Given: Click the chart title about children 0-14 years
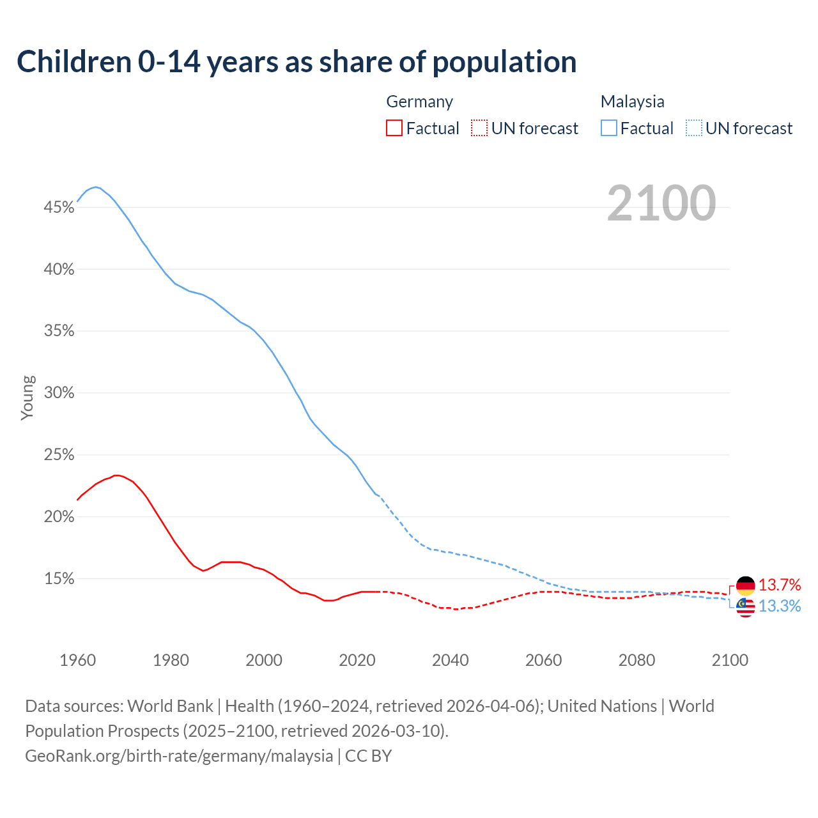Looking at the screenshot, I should pos(297,62).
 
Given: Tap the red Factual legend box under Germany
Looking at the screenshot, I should pos(394,128).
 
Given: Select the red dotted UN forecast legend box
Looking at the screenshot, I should pos(479,128).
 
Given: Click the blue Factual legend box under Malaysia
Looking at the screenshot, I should pos(609,128).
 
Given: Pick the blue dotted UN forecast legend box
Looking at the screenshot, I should pos(694,128).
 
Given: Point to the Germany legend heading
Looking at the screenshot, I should pos(419,102).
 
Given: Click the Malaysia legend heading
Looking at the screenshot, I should pos(632,102).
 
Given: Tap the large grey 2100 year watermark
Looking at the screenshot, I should pos(661,203).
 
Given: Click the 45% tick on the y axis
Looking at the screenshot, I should pos(59,207).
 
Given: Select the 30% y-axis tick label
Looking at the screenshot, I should pos(59,392).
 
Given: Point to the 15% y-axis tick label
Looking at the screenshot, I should pos(59,578).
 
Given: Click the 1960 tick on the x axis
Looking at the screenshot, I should pos(77,660).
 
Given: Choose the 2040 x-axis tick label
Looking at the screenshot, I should pos(450,660).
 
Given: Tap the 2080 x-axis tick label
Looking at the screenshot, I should pos(637,660).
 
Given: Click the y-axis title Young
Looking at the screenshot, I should pos(27,397).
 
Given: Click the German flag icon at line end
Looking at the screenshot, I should pos(746,585).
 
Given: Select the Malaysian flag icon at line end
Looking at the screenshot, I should pos(746,607).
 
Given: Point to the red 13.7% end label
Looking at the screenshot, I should pos(780,585).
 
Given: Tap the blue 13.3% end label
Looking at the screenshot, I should pos(780,606).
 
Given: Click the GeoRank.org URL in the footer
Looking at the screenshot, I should pos(179,755).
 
